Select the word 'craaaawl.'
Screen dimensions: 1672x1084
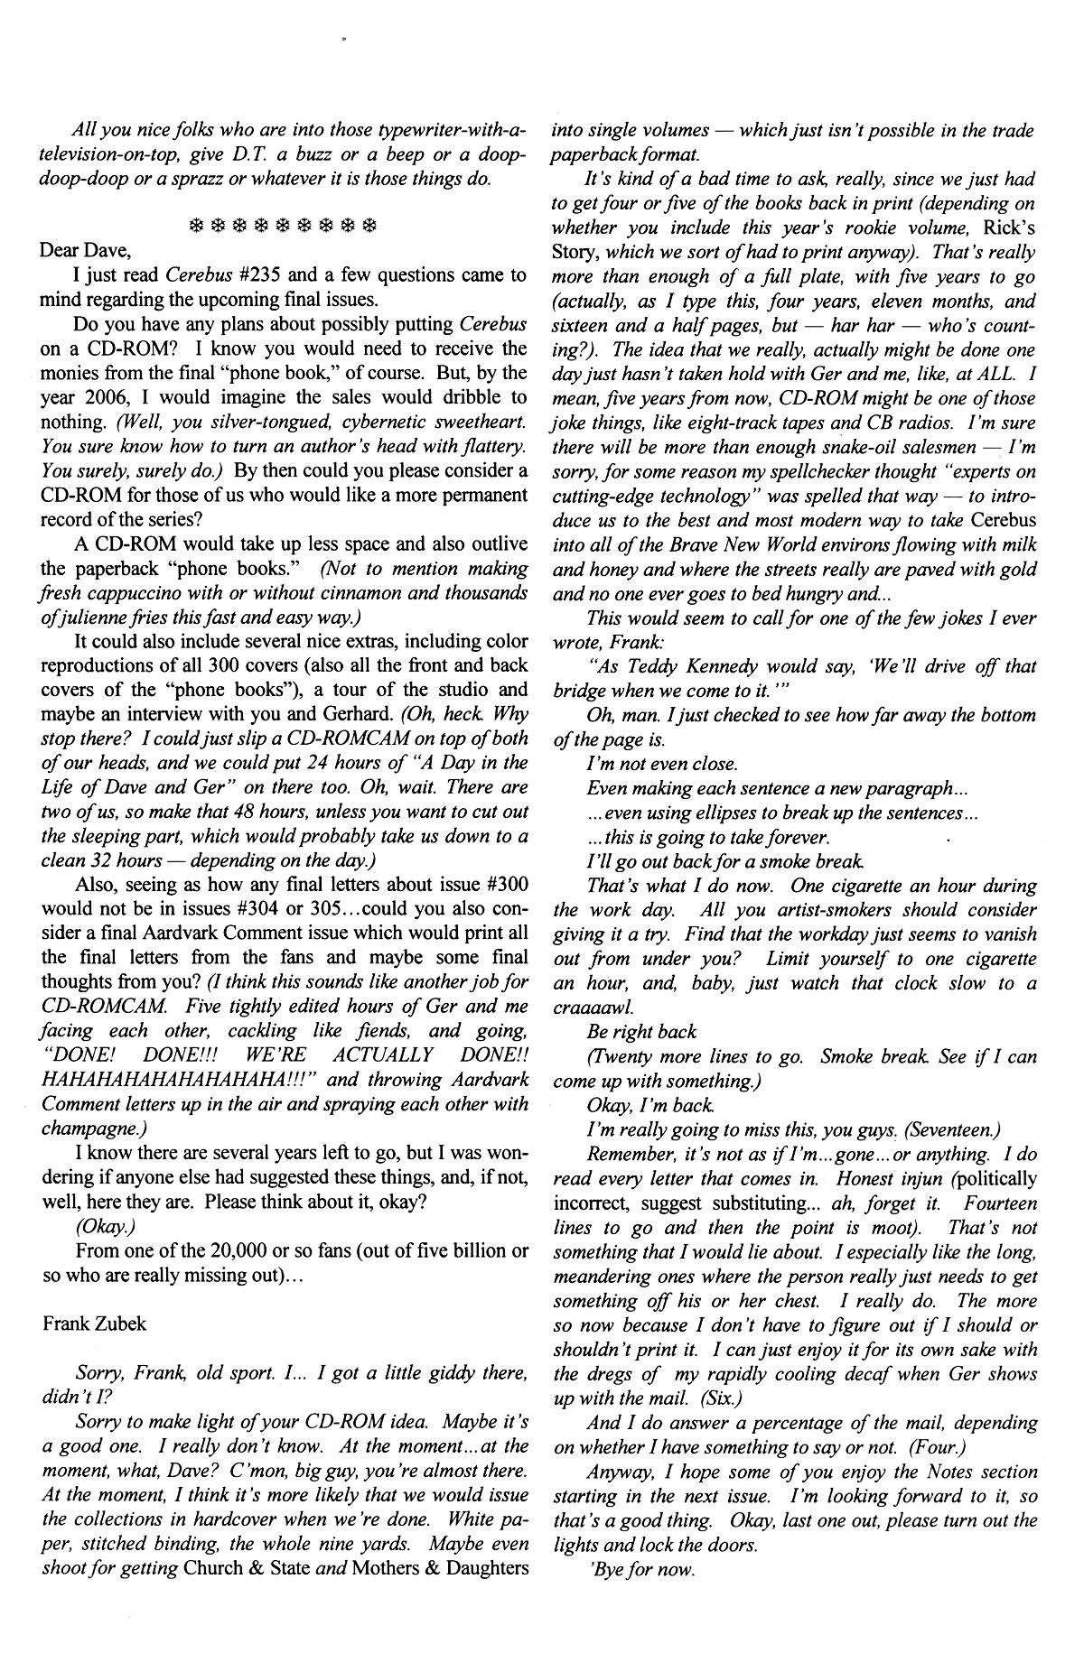coord(590,1007)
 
